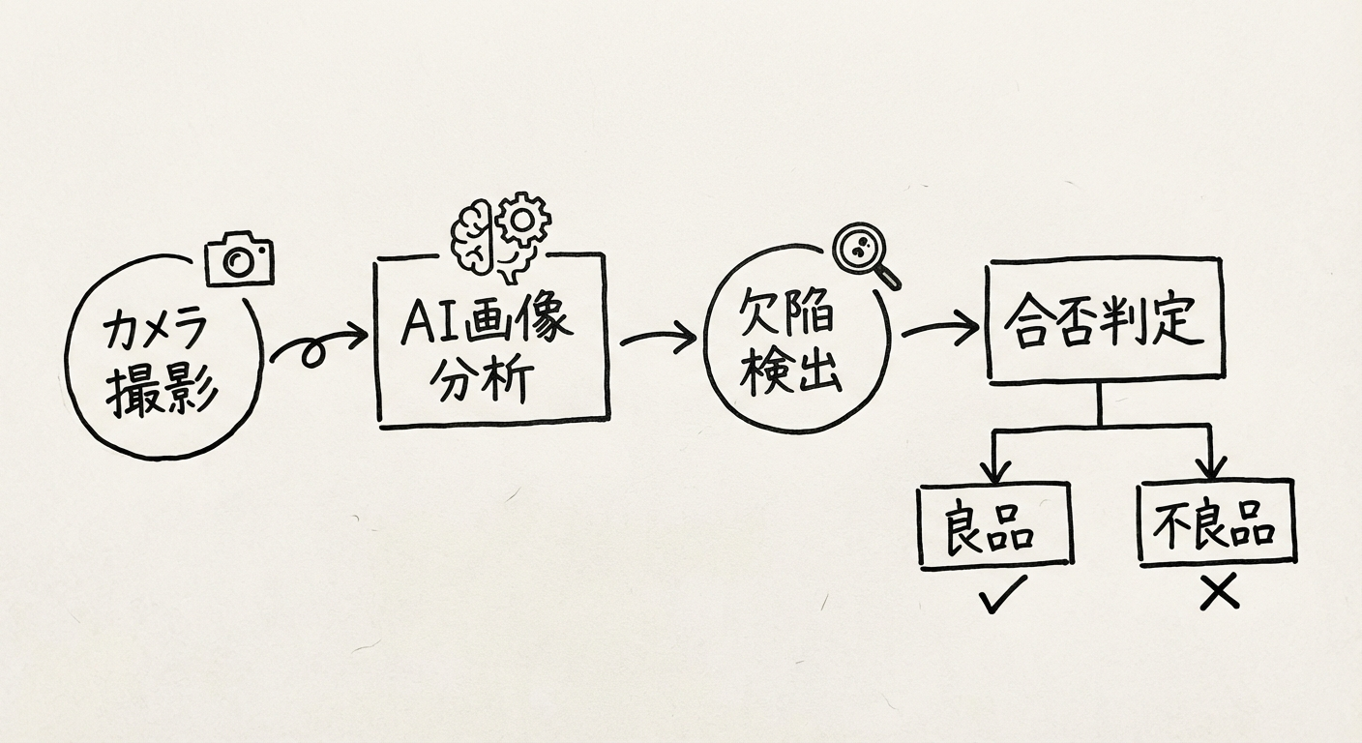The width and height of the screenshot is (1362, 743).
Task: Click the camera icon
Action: pyautogui.click(x=240, y=258)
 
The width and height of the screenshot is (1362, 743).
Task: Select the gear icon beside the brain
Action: pyautogui.click(x=523, y=222)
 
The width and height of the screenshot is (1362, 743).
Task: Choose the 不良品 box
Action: pyautogui.click(x=1216, y=522)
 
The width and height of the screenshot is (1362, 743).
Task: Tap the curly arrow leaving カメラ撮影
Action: pyautogui.click(x=317, y=345)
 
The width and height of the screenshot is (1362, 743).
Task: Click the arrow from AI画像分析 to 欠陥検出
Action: pyautogui.click(x=658, y=339)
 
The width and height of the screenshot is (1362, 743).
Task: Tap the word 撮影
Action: pyautogui.click(x=163, y=392)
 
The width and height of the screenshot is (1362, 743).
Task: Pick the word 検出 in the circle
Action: pyautogui.click(x=791, y=373)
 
